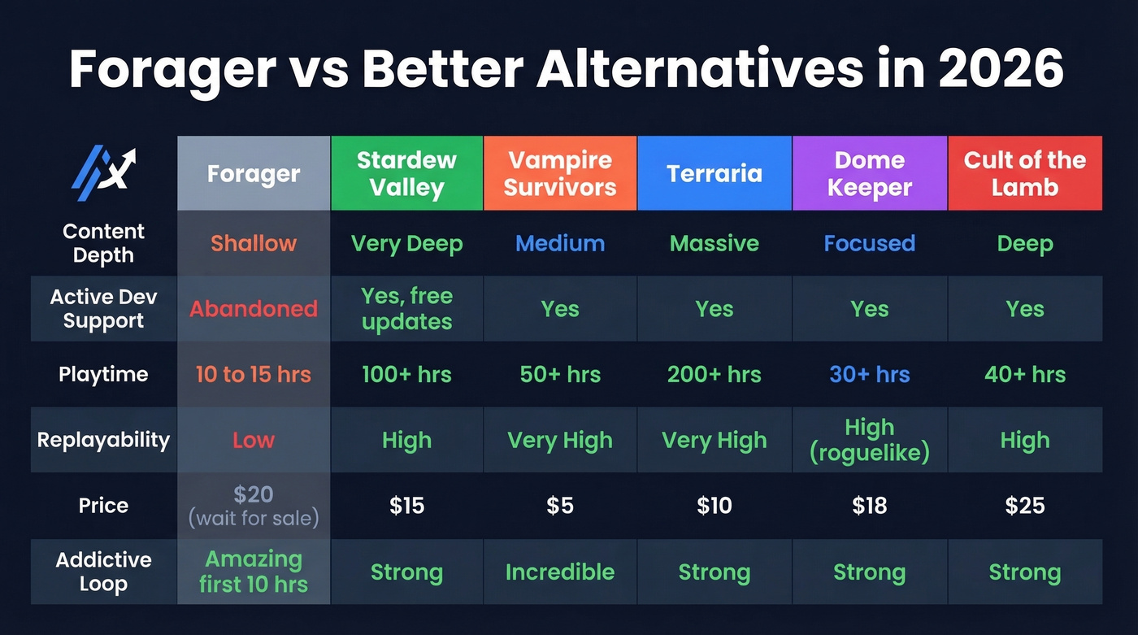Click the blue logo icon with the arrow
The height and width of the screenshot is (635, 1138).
point(102,172)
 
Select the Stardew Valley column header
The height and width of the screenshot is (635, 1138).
point(406,173)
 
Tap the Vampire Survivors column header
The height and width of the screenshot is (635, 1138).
point(560,173)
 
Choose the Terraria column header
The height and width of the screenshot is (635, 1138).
point(715,173)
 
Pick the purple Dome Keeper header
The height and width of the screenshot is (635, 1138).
point(869,173)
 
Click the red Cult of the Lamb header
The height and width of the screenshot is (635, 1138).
point(1024,173)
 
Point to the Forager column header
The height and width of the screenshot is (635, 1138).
point(254,173)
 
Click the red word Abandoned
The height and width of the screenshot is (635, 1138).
point(254,309)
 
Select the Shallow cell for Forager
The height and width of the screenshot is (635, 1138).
point(254,243)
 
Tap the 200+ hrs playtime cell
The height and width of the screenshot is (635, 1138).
point(715,375)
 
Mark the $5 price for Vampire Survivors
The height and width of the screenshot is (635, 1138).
point(560,506)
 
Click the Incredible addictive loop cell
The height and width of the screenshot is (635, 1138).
point(560,572)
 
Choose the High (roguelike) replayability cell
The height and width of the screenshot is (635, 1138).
point(869,440)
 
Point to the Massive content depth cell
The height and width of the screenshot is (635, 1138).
point(715,243)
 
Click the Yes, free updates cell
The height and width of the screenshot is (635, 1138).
point(406,309)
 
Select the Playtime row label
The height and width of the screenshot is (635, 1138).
point(103,375)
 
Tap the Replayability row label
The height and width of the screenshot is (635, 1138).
point(103,440)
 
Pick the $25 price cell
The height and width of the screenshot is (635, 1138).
point(1024,506)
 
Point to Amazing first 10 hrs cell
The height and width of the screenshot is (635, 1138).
point(254,572)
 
